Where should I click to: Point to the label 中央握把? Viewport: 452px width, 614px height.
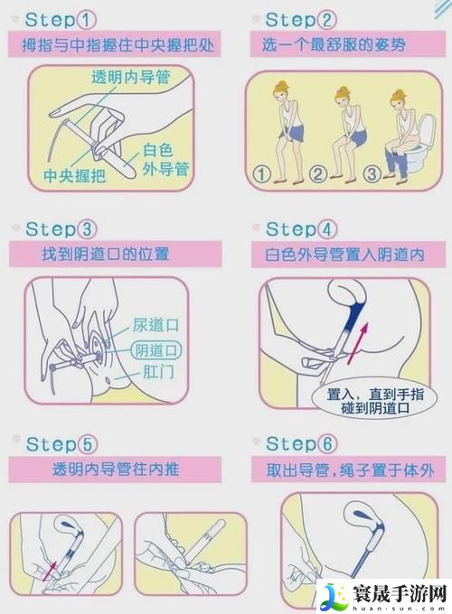tap(75, 175)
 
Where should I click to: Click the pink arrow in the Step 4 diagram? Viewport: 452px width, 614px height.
tap(362, 340)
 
